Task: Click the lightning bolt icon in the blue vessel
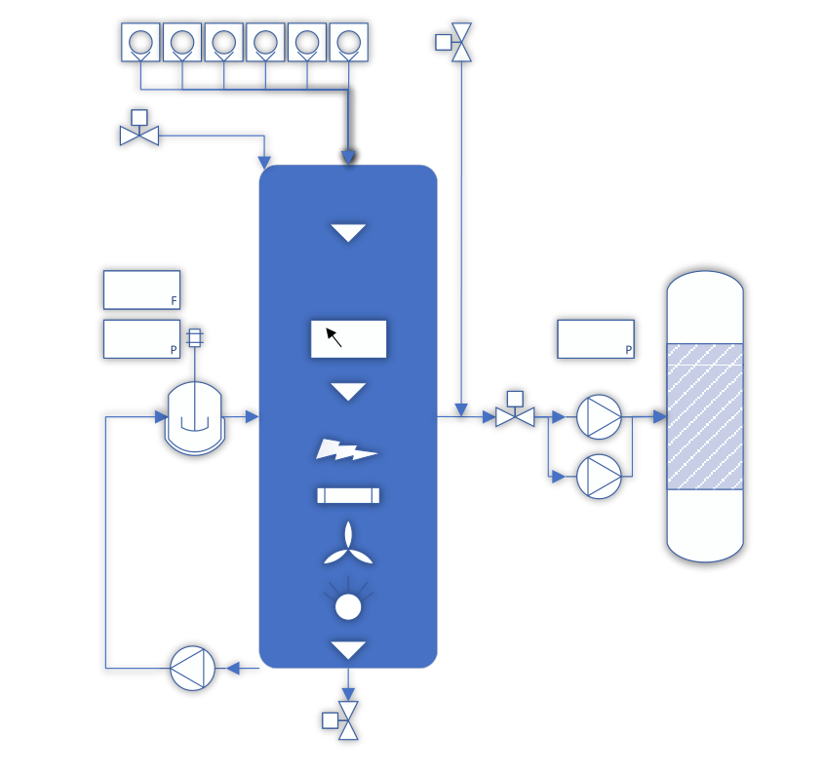coord(346,449)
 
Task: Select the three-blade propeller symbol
coord(348,545)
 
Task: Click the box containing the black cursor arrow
coord(348,339)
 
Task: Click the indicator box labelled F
coord(142,289)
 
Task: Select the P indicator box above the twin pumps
coord(596,339)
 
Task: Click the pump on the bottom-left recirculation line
coord(192,668)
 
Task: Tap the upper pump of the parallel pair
coord(599,417)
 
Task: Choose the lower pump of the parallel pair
coord(599,477)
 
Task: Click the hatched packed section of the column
coord(705,416)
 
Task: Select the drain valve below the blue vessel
coord(341,720)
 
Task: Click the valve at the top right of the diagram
coord(454,42)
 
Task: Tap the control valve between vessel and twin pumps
coord(515,409)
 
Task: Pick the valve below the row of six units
coord(139,128)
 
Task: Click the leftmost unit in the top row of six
coord(140,42)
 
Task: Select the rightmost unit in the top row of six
coord(349,42)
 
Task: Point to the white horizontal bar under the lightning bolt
coord(348,495)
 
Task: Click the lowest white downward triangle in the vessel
coord(348,650)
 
